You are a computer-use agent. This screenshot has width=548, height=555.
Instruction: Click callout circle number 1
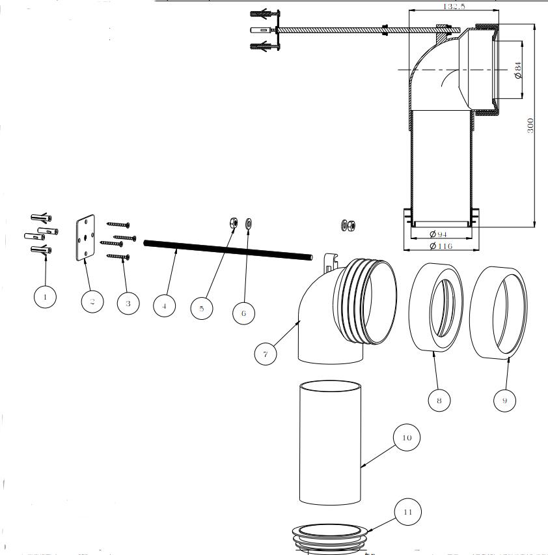(x=45, y=298)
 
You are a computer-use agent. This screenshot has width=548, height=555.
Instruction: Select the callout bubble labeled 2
(x=92, y=301)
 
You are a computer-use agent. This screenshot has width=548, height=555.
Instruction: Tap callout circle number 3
(x=128, y=303)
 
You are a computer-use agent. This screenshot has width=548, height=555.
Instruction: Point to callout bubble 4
(x=165, y=306)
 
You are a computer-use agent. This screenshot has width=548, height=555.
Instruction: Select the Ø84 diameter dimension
(x=519, y=70)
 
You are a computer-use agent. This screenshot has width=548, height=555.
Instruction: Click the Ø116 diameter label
(x=441, y=246)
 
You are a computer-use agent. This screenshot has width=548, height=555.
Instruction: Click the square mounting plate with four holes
(x=85, y=238)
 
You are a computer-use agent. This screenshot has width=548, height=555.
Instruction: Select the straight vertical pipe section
(x=330, y=443)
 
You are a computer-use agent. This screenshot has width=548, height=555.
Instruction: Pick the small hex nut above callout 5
(x=233, y=223)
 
